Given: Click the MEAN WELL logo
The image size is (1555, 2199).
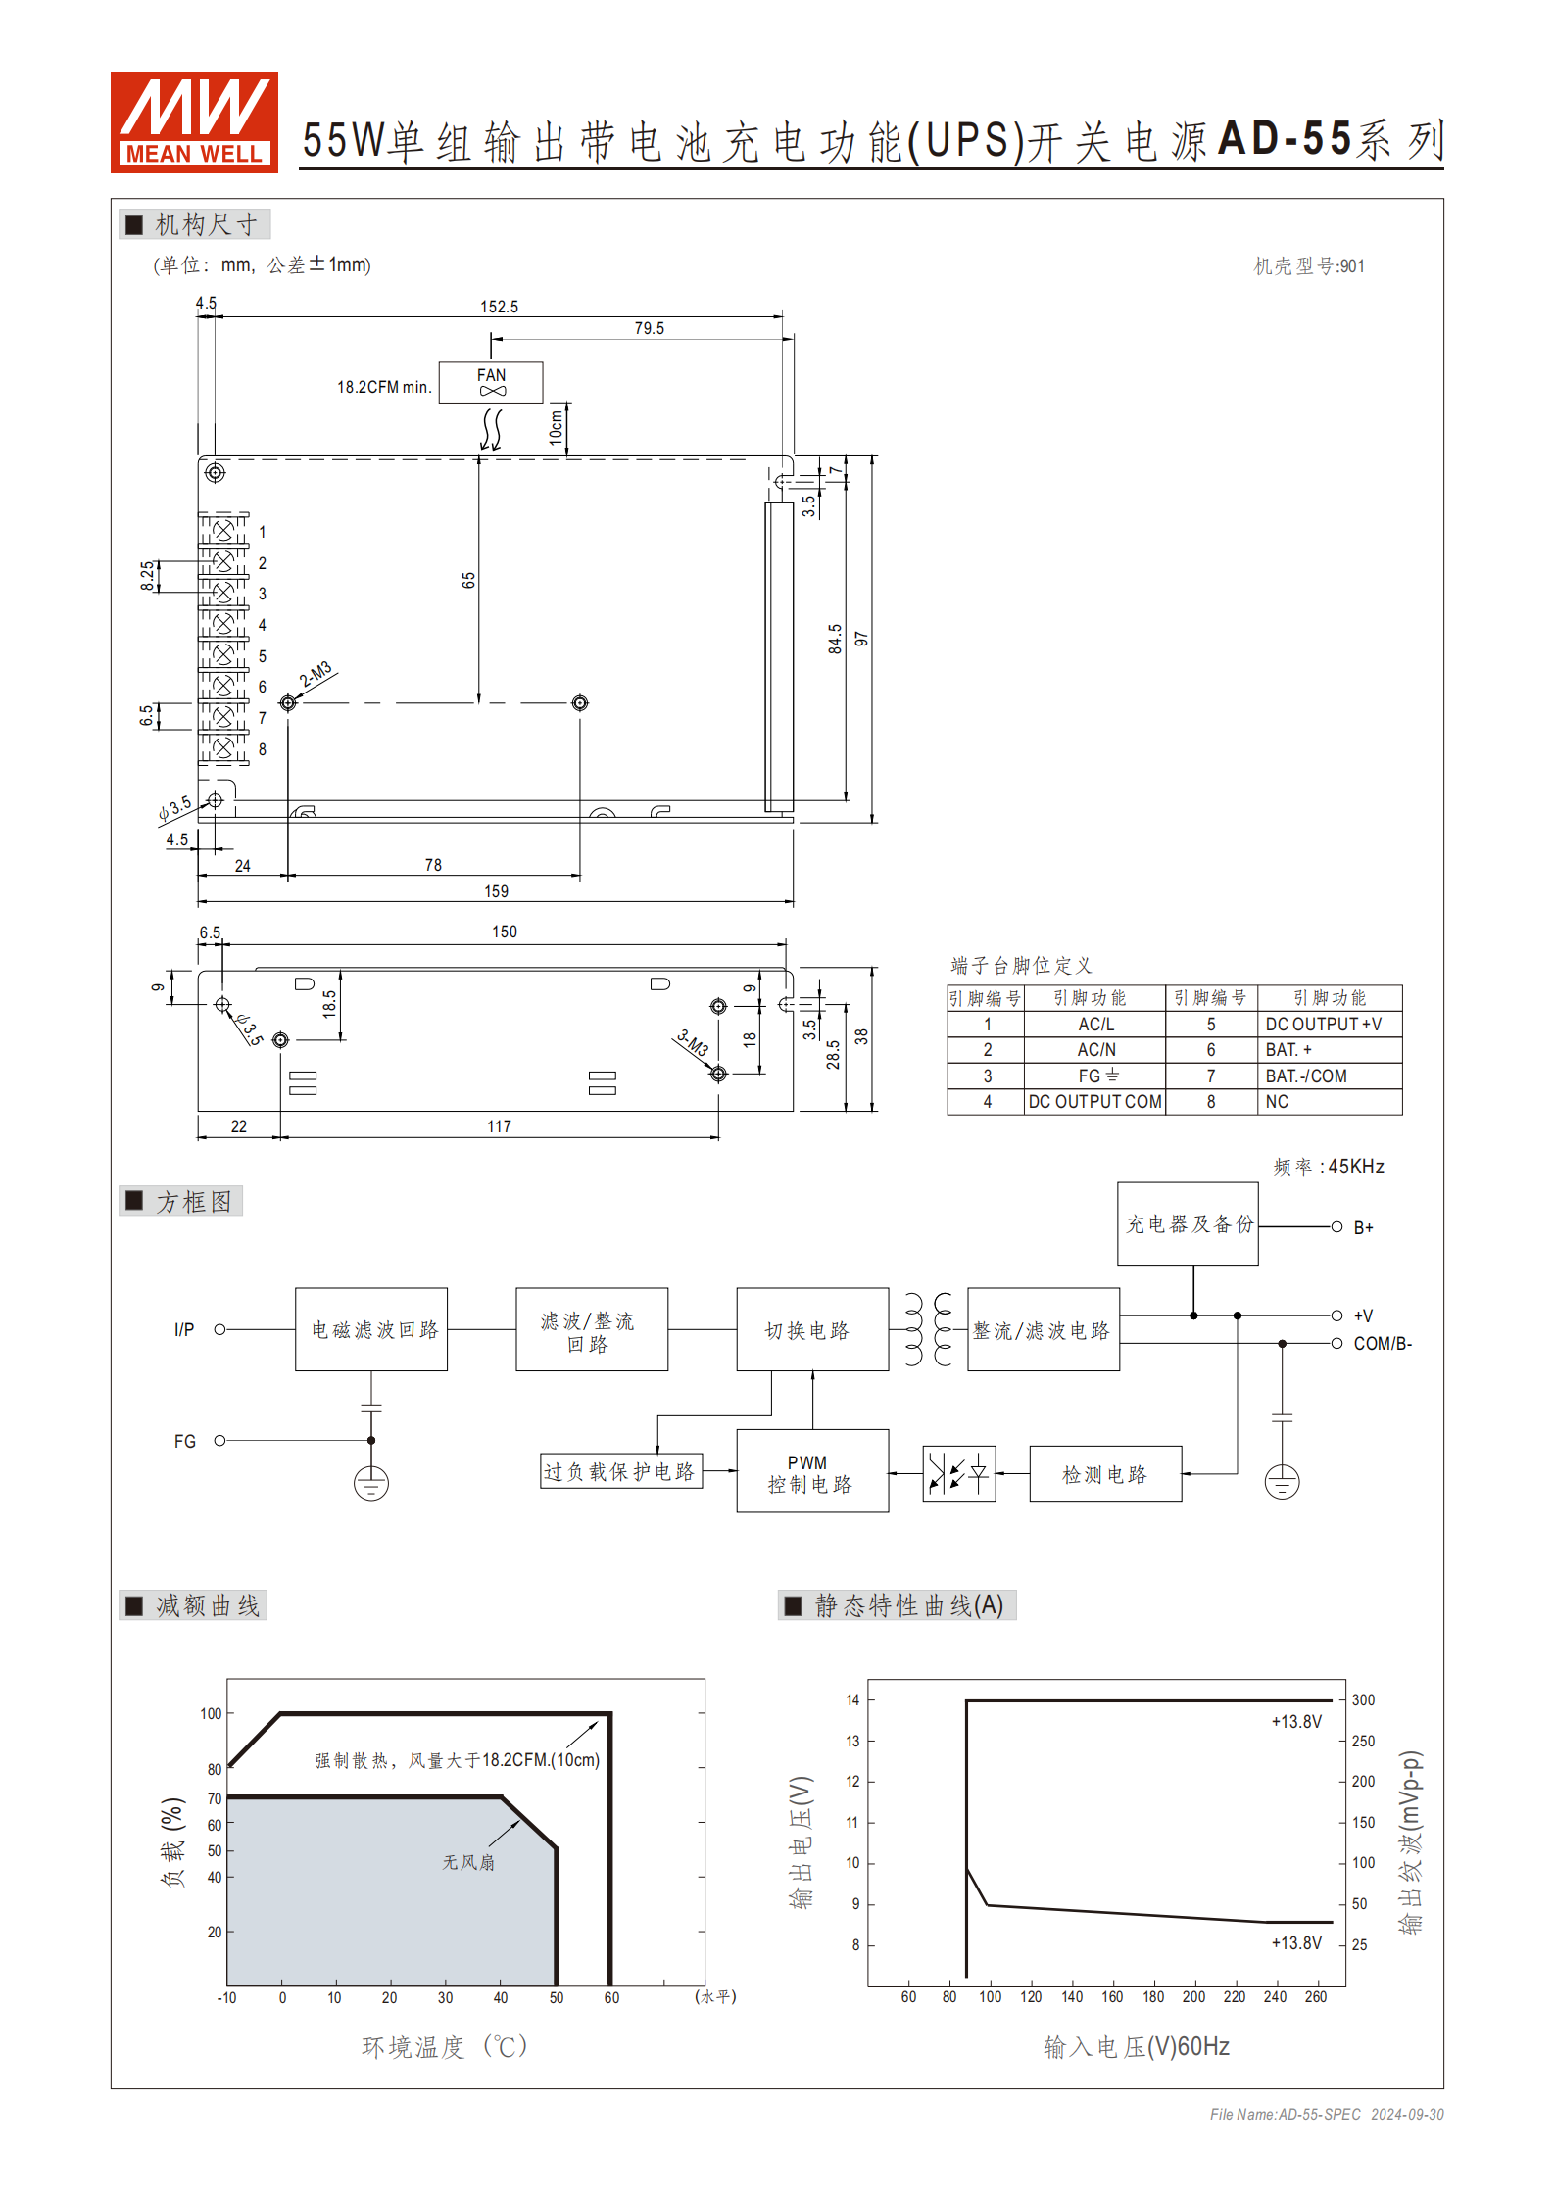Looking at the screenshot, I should coord(194,122).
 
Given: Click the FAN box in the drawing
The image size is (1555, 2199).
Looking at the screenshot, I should coord(491,382).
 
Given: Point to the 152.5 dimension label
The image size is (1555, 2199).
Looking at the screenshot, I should coord(499,307).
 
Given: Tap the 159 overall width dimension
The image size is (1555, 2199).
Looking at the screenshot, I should coord(496,891).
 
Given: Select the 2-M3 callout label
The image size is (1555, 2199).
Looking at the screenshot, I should coord(316,675).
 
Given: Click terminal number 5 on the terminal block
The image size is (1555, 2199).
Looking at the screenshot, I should coord(262,656).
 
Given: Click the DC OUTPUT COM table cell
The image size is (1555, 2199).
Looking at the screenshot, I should coord(1094,1102).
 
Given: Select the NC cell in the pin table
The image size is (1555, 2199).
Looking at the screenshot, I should coord(1277,1102).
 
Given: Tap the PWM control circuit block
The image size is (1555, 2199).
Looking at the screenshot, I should coord(812,1472).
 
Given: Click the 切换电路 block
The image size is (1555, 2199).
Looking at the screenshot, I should coord(812,1330).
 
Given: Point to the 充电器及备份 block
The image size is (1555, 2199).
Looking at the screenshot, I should coord(1188,1224).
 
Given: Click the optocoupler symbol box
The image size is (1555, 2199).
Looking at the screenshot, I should coord(959,1473).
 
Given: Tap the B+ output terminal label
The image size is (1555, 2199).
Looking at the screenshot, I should coord(1363,1228).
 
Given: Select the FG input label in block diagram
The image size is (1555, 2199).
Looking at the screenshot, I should coord(184,1441).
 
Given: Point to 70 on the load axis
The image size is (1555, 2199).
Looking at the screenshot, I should coord(215,1798).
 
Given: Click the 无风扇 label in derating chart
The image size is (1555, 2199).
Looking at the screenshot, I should coord(468,1862).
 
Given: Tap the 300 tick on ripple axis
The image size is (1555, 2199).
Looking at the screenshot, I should coord(1363,1700).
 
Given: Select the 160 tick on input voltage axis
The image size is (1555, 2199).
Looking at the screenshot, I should coord(1112,1997).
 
